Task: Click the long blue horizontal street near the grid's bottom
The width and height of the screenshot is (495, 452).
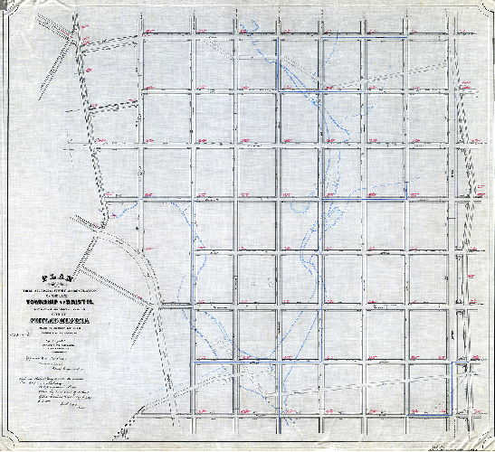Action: coord(299,362)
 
